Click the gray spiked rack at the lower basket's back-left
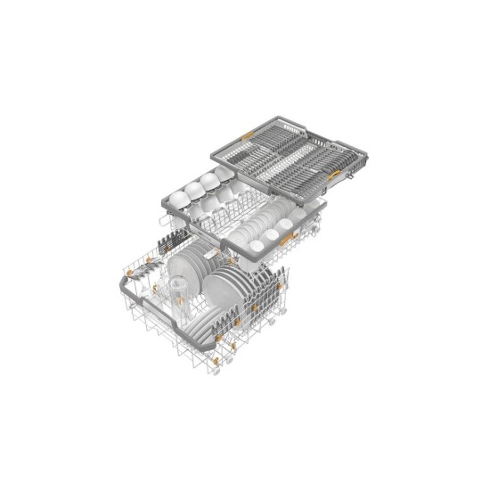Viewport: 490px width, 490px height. click(168, 241)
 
